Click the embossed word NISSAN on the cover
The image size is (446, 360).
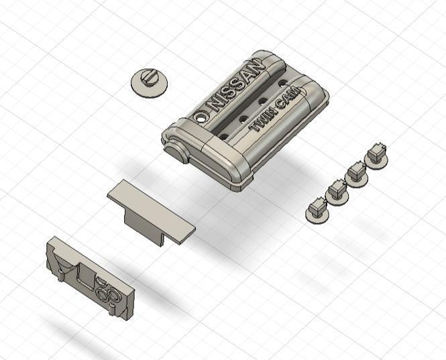pos(235,85)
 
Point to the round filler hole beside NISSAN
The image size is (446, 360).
pos(201,117)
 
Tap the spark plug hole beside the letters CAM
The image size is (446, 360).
pos(282,83)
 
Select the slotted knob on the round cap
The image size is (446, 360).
pos(150,77)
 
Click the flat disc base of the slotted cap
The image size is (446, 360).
pos(150,85)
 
